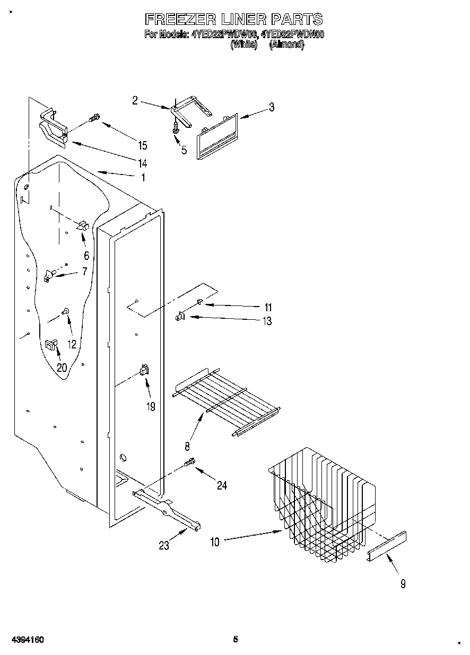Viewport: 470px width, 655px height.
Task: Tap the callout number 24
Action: [x=222, y=485]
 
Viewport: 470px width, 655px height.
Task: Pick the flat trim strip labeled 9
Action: [x=387, y=546]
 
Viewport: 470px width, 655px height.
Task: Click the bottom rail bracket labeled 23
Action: [x=167, y=512]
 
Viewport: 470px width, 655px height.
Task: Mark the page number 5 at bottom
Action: [x=236, y=639]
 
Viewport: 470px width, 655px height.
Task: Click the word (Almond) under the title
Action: [x=286, y=45]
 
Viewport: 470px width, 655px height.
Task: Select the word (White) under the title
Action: [x=244, y=45]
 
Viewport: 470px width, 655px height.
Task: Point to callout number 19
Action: [x=151, y=407]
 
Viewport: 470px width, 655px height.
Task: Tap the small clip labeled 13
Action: [x=179, y=317]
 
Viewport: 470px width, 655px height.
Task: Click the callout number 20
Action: [x=62, y=367]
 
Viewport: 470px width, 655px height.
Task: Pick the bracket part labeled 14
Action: [x=54, y=127]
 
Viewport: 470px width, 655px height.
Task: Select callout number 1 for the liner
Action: [x=143, y=178]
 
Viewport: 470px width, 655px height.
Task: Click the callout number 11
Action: [x=268, y=307]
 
